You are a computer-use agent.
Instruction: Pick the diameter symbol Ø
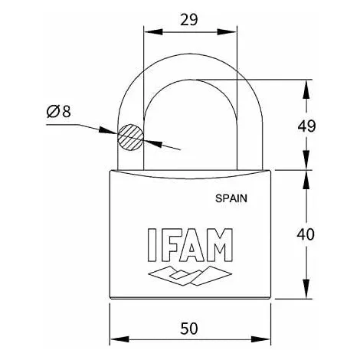point(53,112)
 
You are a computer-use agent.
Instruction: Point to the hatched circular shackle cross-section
point(129,138)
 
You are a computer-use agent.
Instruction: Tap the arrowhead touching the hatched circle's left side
point(113,133)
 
